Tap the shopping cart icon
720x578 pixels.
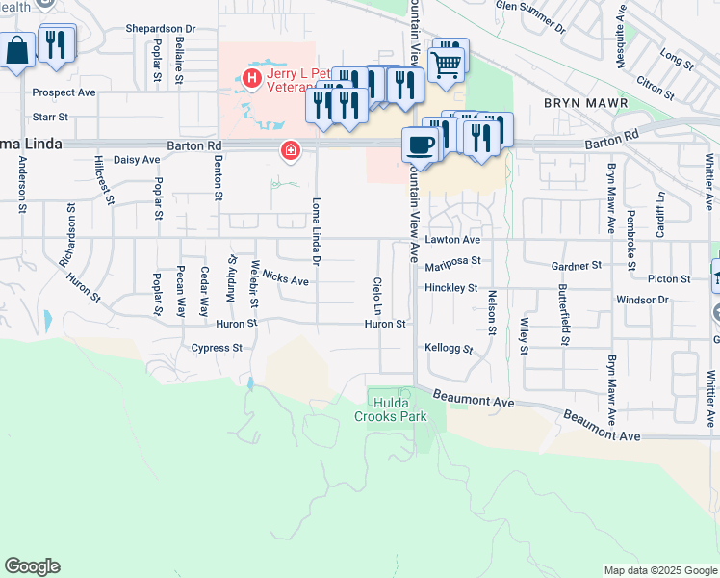tap(447, 64)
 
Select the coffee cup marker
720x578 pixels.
tap(419, 144)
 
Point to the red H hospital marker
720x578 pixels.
tap(252, 77)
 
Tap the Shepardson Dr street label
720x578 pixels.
tap(160, 29)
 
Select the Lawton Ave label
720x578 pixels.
tap(452, 239)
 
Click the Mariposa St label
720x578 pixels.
tap(452, 260)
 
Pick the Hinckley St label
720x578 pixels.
tap(451, 288)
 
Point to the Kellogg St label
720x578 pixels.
tap(449, 348)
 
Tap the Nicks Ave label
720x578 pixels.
tap(285, 279)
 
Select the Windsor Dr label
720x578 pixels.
tap(642, 301)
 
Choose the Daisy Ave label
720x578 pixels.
tap(137, 160)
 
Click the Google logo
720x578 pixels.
tap(32, 566)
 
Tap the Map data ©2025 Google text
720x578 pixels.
tap(659, 570)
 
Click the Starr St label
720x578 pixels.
tap(50, 118)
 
